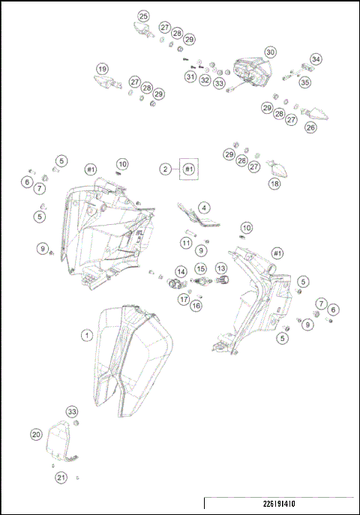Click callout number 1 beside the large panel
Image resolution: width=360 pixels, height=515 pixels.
[87, 335]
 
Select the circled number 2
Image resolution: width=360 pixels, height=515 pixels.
[165, 169]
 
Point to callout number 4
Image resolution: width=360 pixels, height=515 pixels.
[204, 208]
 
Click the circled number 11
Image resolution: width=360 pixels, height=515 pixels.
[185, 243]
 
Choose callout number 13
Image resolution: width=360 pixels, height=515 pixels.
[221, 268]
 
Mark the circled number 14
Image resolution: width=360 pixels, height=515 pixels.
[181, 271]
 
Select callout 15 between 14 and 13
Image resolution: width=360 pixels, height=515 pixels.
[201, 268]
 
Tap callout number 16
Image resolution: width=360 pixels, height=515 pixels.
[196, 305]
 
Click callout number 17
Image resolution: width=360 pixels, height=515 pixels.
[184, 299]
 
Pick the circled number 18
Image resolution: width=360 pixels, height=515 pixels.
[275, 184]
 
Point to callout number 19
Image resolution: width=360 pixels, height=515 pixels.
[103, 68]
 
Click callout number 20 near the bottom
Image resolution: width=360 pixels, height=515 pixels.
[36, 434]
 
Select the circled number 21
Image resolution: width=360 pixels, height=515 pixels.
[61, 477]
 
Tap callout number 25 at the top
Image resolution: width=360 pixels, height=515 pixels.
[143, 16]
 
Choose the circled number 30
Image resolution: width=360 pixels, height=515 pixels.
[270, 52]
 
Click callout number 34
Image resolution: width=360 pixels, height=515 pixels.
[316, 59]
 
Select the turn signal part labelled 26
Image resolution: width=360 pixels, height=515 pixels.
[318, 114]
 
